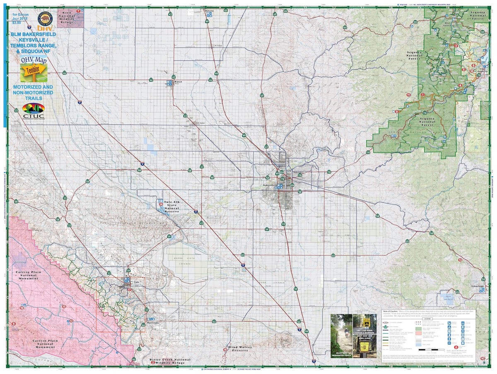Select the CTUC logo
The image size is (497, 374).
[x=33, y=111]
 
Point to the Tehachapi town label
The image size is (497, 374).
[x=477, y=286]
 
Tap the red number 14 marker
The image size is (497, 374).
[x=161, y=204]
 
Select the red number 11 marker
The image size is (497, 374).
[x=409, y=95]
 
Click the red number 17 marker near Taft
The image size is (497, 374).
[x=129, y=290]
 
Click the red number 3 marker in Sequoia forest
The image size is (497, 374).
[x=456, y=46]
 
